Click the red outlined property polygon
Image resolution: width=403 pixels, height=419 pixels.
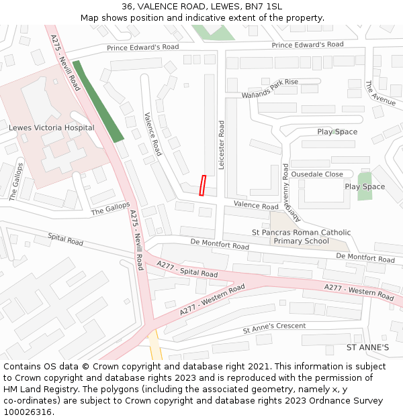[x=202, y=186]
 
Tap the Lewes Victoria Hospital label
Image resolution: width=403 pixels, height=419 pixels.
[x=52, y=127]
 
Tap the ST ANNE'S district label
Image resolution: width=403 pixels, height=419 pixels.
[x=367, y=347]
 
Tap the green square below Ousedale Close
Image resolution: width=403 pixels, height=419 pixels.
[x=364, y=186]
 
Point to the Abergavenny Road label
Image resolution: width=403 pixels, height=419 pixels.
[x=285, y=194]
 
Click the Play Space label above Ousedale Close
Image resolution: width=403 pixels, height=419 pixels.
[x=337, y=131]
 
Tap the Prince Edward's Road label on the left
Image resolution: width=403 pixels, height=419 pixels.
[x=143, y=48]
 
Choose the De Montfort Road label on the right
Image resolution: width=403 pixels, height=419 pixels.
[x=365, y=257]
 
